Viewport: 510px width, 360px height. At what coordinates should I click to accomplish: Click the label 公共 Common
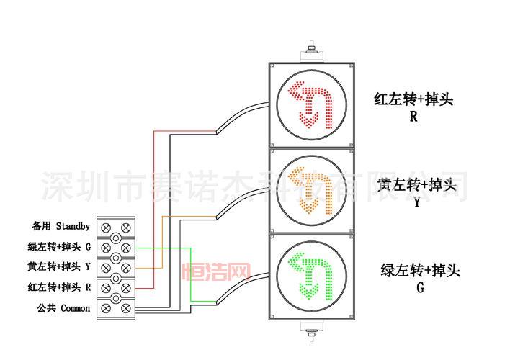click(x=63, y=308)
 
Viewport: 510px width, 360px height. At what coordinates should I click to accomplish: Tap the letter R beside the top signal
click(x=413, y=117)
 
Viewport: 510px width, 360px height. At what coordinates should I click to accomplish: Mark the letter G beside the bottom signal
click(x=420, y=288)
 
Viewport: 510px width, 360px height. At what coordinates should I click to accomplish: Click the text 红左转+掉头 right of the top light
click(x=413, y=99)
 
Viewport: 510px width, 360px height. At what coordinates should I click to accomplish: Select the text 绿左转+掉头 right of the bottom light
click(x=420, y=271)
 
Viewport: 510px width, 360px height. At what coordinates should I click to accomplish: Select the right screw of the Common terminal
click(x=126, y=308)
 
